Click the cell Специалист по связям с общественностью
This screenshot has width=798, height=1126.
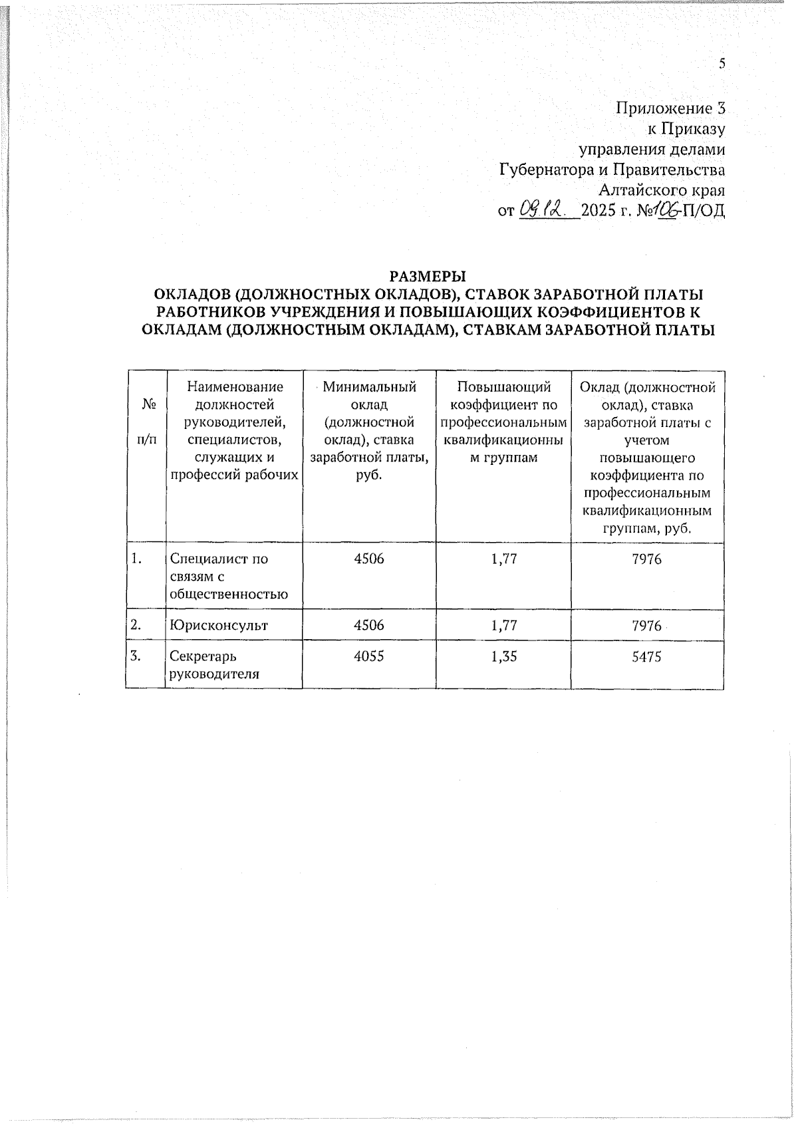click(229, 577)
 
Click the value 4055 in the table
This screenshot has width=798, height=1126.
click(369, 656)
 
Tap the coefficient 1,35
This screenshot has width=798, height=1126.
click(503, 656)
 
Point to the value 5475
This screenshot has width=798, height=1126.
click(647, 656)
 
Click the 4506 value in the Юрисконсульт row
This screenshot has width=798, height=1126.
click(369, 625)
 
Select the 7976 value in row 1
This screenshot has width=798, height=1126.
click(647, 559)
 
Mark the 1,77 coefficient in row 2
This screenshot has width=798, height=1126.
click(503, 625)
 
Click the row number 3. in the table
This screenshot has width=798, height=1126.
click(136, 656)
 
